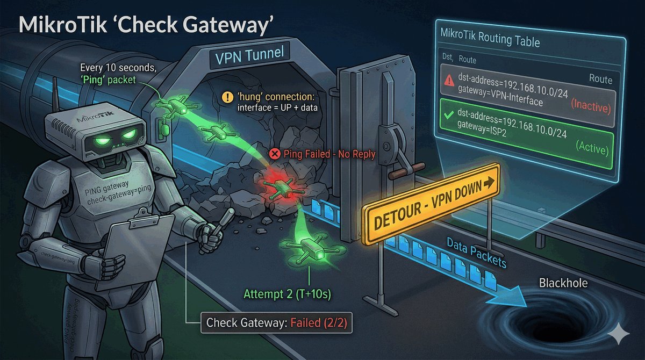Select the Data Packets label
coord(477,254)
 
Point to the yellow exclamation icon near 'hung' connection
coord(228,98)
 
